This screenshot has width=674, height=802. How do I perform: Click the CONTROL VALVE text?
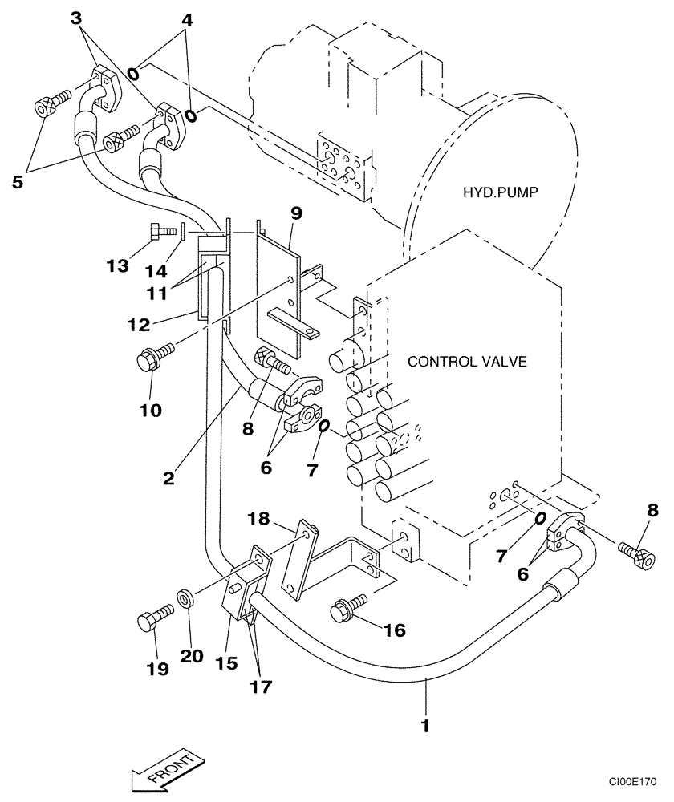467,362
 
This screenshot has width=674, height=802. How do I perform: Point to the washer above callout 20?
186,597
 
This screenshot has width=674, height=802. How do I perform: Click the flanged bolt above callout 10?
152,358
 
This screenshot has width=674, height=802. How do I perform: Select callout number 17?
260,687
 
